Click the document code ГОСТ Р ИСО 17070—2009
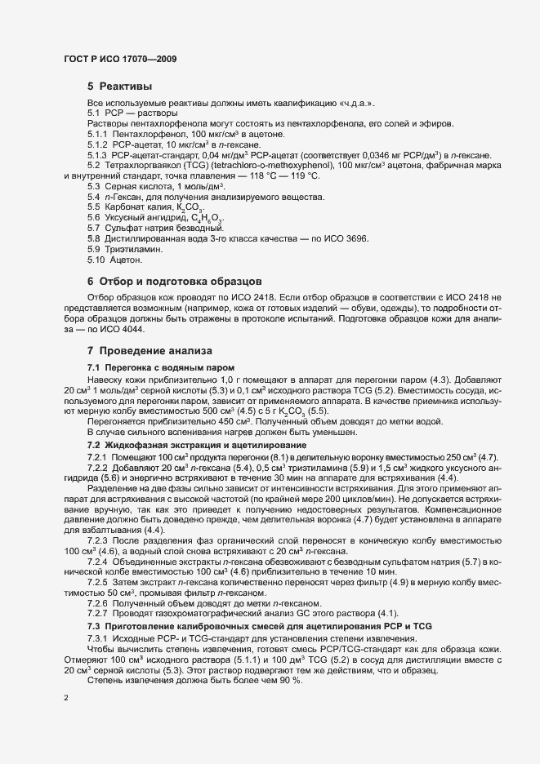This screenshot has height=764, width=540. click(118, 60)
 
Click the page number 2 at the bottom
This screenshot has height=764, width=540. click(66, 700)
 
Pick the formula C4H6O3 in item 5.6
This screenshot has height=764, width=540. click(206, 218)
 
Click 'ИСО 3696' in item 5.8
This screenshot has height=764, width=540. click(346, 238)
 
